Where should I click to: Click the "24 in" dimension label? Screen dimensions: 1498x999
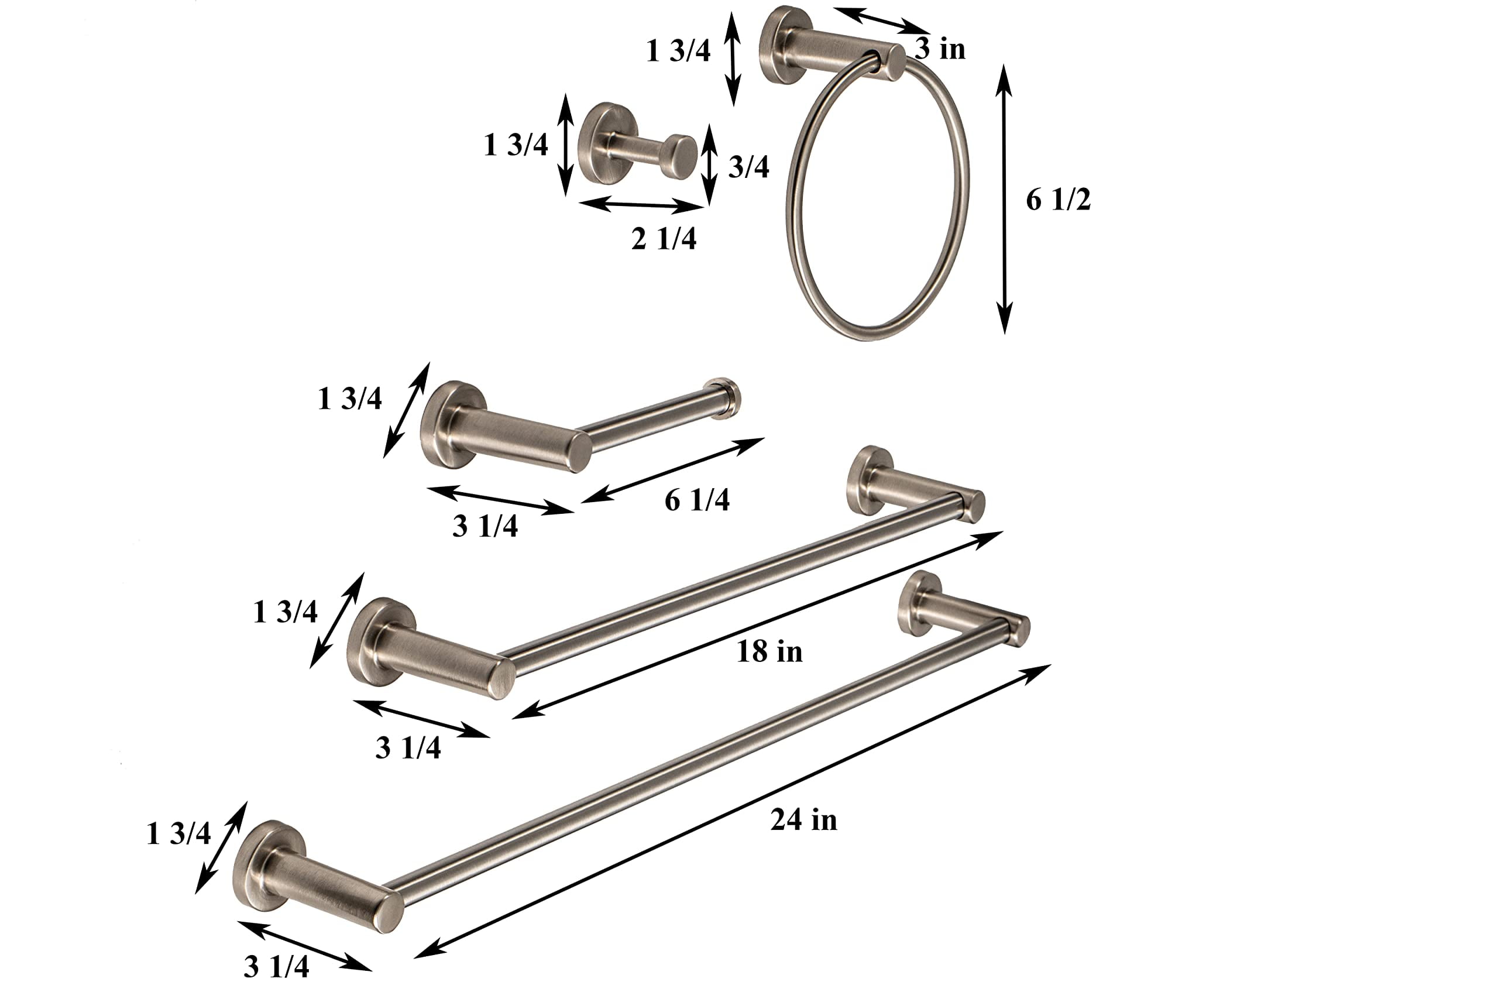[804, 819]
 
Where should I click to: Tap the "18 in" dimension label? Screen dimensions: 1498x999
[769, 651]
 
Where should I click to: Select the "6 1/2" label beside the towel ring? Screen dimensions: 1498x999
[1058, 200]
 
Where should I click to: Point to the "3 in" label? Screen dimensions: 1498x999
[940, 49]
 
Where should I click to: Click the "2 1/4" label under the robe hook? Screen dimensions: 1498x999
[664, 239]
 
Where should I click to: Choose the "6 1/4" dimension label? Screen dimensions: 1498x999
[697, 500]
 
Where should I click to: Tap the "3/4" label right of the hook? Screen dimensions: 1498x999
[748, 166]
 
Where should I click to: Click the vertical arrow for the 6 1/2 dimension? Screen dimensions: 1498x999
[1004, 199]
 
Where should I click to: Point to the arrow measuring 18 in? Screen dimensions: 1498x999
[757, 625]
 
